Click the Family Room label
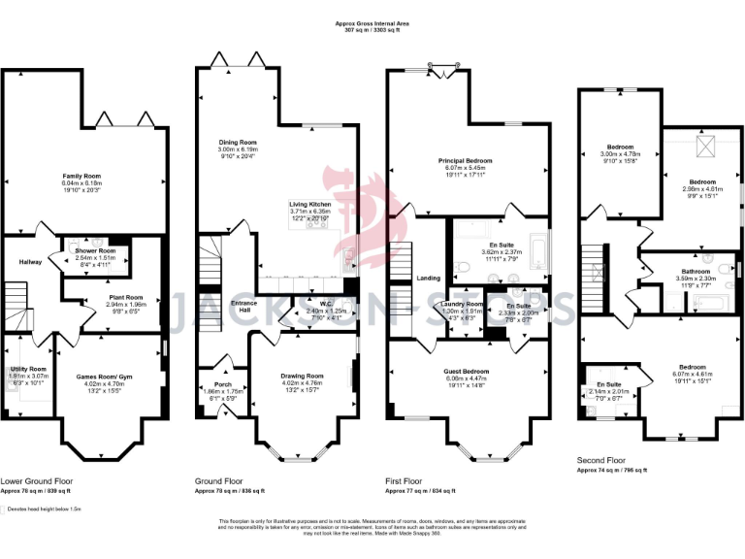coord(81,176)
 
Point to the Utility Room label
coord(27,369)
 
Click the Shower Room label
coord(95,250)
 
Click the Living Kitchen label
coord(310,204)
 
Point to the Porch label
coord(222,382)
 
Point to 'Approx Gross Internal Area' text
coord(372,23)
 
